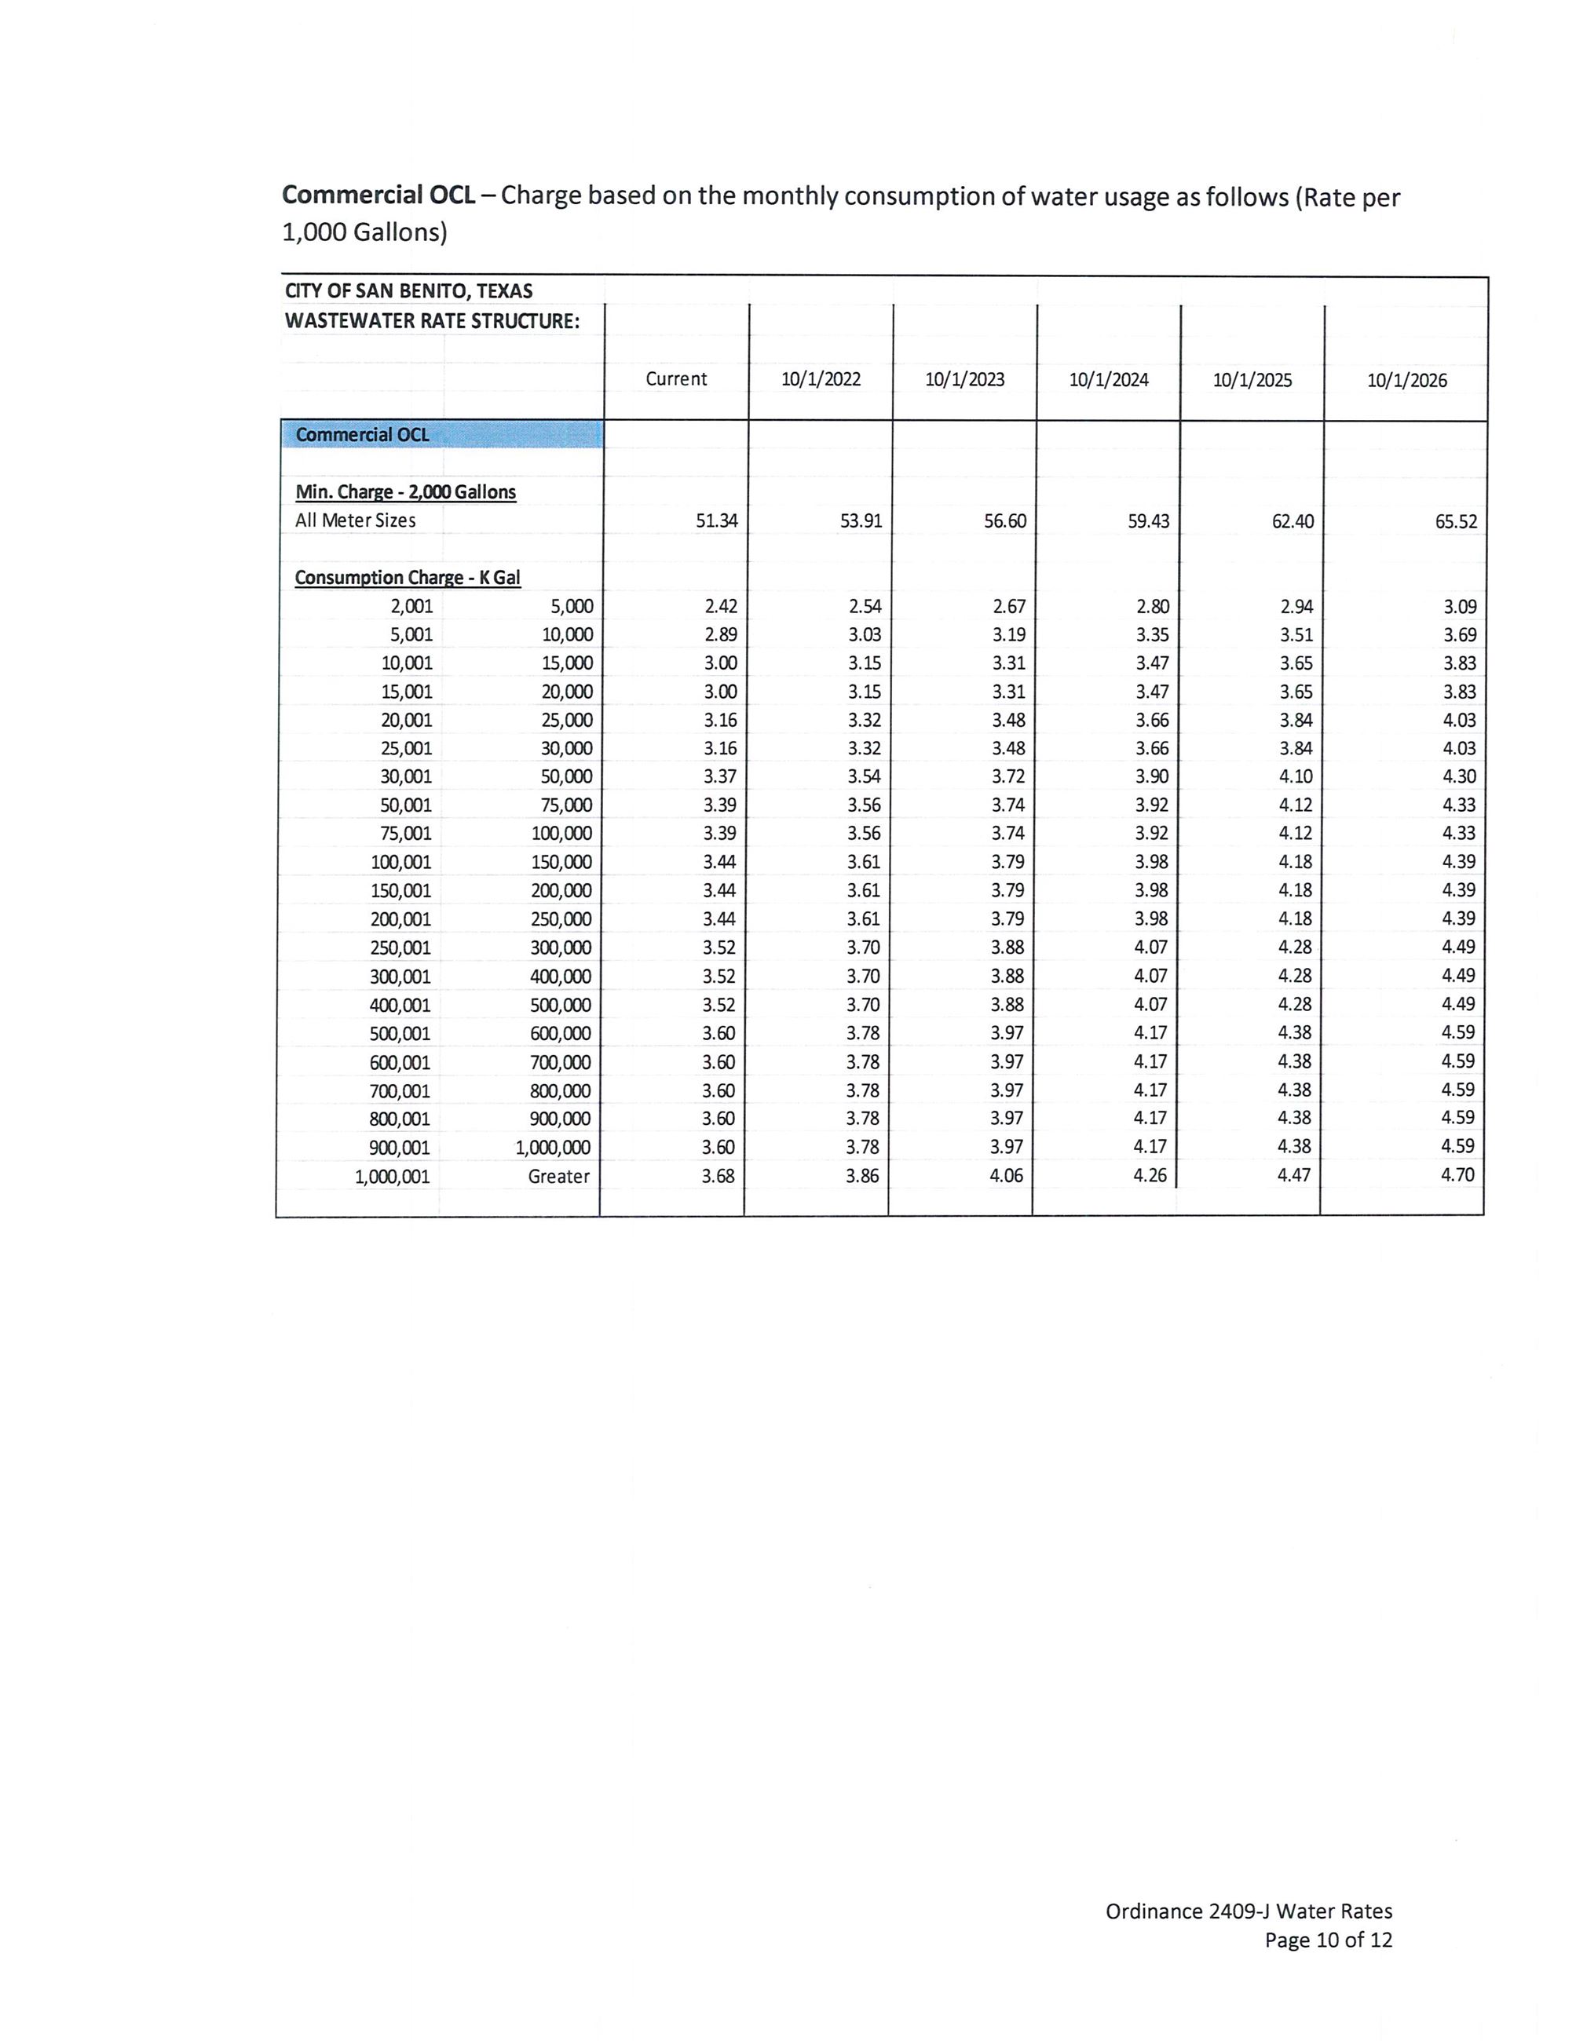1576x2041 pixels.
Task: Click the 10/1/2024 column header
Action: [1109, 379]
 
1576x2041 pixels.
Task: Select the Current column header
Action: [676, 378]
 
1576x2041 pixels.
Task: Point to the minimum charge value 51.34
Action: [716, 520]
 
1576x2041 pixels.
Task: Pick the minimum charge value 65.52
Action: [1455, 521]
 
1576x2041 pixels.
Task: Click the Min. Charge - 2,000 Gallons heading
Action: [406, 491]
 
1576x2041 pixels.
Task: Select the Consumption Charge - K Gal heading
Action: [408, 578]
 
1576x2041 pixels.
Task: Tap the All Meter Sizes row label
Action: [355, 520]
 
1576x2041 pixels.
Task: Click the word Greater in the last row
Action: [558, 1176]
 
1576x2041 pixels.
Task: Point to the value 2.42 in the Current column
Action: [721, 607]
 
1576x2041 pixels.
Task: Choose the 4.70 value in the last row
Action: [1457, 1174]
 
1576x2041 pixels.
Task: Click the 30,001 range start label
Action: [406, 776]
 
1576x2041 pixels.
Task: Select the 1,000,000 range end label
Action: [553, 1148]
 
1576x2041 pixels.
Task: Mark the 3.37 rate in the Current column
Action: [720, 776]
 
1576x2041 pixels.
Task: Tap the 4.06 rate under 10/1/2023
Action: [1006, 1174]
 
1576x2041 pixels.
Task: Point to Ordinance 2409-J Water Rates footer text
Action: [1248, 1912]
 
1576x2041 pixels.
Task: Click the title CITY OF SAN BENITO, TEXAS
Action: [408, 290]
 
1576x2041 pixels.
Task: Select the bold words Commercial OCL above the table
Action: [378, 195]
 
